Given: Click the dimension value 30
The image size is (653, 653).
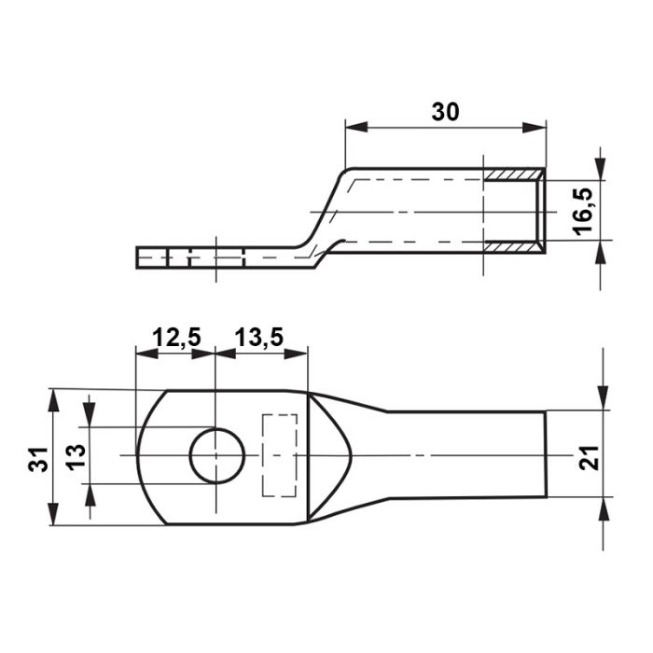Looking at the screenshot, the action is (x=445, y=112).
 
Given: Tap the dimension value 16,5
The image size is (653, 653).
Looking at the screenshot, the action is (x=583, y=211).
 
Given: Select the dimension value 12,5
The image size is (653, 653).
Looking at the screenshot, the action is (x=176, y=337).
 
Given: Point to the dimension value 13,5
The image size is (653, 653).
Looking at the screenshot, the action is (x=259, y=337).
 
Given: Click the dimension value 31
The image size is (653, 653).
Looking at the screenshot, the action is (x=38, y=459).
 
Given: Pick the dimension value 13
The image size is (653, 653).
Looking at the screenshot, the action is (x=76, y=457).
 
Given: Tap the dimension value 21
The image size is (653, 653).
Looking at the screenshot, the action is (x=589, y=458).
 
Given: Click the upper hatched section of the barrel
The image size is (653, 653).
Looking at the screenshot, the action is (x=513, y=175).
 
